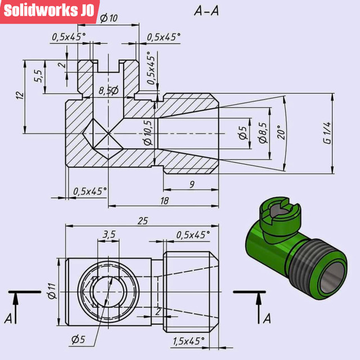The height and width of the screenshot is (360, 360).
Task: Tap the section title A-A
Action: pyautogui.click(x=206, y=11)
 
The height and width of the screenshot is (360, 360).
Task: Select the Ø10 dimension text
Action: pyautogui.click(x=109, y=18)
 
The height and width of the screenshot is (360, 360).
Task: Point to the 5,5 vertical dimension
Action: pyautogui.click(x=38, y=76)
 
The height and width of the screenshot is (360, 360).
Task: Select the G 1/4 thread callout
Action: pyautogui.click(x=327, y=133)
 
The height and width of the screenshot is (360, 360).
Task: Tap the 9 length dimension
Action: pyautogui.click(x=192, y=184)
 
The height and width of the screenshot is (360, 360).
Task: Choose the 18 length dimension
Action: pyautogui.click(x=164, y=200)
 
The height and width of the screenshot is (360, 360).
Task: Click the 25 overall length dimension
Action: pyautogui.click(x=142, y=220)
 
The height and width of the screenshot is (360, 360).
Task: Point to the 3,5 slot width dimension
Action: pyautogui.click(x=109, y=233)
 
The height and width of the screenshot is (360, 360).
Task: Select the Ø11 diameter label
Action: pyautogui.click(x=51, y=291)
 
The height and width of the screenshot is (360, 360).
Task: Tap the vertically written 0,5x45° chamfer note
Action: pyautogui.click(x=150, y=68)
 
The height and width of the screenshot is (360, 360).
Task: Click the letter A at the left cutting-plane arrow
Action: pyautogui.click(x=9, y=318)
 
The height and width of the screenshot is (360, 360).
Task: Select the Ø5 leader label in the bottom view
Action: pyautogui.click(x=78, y=339)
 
